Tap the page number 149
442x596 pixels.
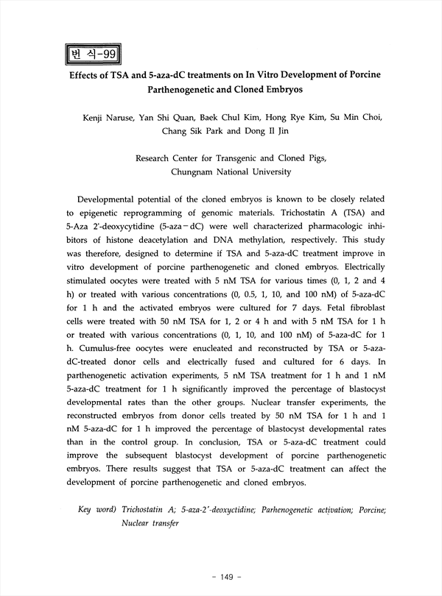tap(221, 577)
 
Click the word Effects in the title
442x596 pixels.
tap(88, 76)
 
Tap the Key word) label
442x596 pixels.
tap(97, 510)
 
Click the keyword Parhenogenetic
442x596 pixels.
tap(290, 510)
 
